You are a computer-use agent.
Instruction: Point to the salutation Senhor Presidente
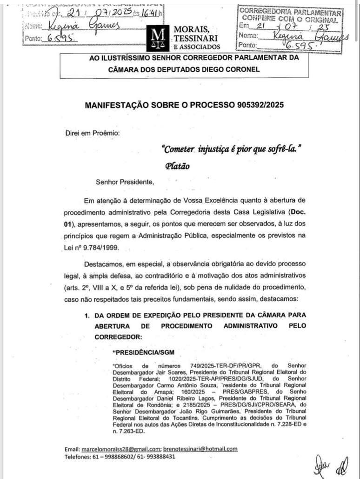click(124, 182)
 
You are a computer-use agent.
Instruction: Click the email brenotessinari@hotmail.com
click(200, 449)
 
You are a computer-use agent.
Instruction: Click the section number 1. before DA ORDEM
click(87, 315)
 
